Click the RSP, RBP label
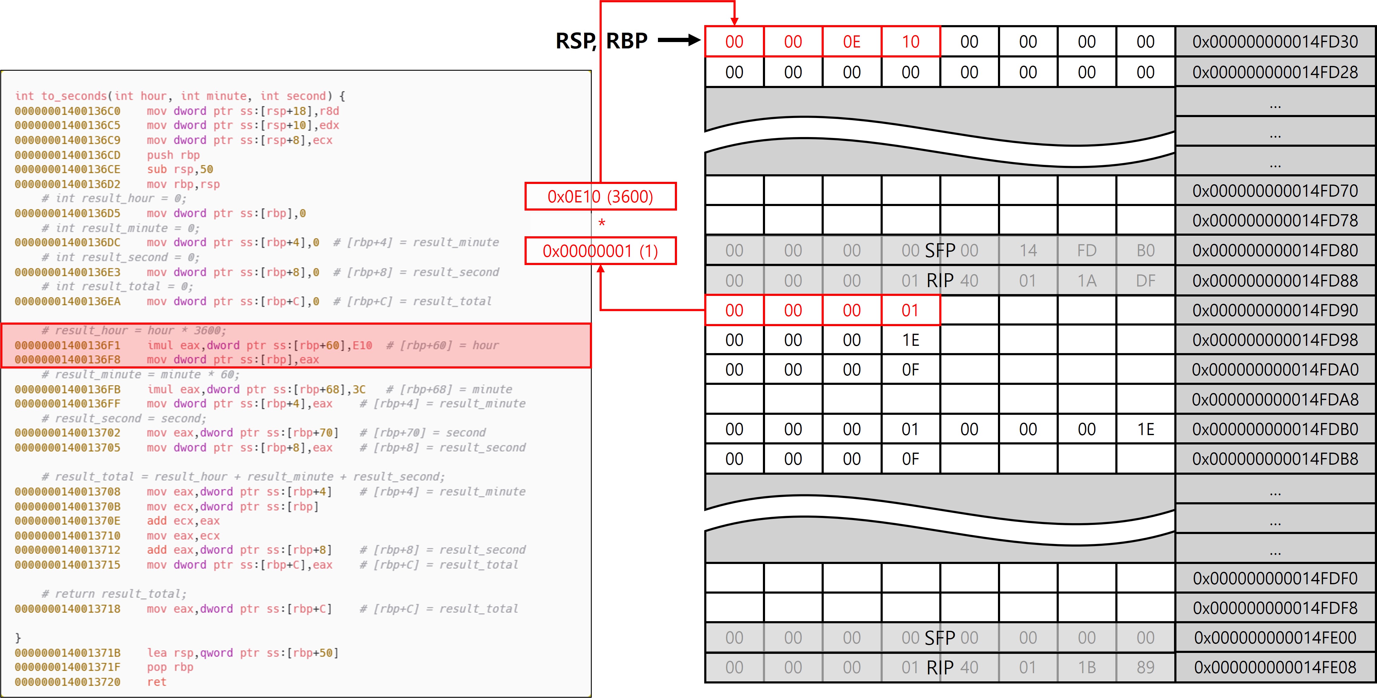click(x=601, y=41)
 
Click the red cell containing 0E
click(x=852, y=42)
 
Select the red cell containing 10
click(x=910, y=42)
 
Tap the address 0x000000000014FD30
click(x=1275, y=42)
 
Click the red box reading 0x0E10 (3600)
click(x=600, y=197)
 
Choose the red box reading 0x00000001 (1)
click(x=600, y=251)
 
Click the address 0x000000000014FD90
click(x=1275, y=310)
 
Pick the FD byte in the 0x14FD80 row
click(x=1087, y=251)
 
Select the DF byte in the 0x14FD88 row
click(x=1146, y=280)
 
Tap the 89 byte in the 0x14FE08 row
click(x=1146, y=667)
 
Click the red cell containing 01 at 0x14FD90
click(x=910, y=310)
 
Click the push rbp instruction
click(x=173, y=155)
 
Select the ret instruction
click(x=157, y=682)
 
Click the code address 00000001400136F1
click(x=68, y=345)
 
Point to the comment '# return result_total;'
click(x=114, y=594)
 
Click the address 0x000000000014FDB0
click(x=1275, y=429)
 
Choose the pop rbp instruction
click(x=170, y=667)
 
